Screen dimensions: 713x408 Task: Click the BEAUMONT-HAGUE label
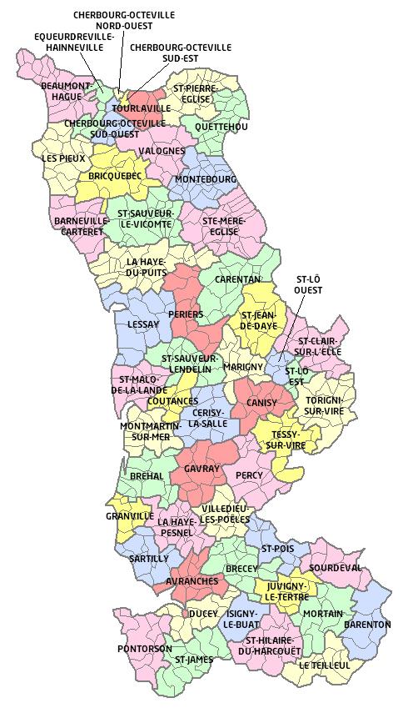click(x=66, y=91)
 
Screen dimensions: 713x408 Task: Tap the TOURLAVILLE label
click(x=142, y=108)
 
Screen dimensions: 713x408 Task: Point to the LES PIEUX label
click(x=62, y=158)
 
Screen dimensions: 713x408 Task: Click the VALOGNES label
click(x=162, y=151)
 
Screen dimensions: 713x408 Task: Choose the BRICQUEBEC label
click(x=114, y=177)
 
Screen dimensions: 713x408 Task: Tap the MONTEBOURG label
click(x=206, y=179)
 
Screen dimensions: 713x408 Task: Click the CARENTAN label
click(x=238, y=279)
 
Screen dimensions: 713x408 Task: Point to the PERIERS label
click(x=185, y=314)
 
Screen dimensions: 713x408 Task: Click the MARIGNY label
click(x=243, y=366)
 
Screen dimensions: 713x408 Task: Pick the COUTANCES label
click(x=172, y=401)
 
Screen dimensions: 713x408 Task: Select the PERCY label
click(x=249, y=475)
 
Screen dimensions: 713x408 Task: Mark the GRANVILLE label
click(x=129, y=516)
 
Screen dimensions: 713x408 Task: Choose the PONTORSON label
click(x=144, y=648)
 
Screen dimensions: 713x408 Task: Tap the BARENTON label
click(x=367, y=624)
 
